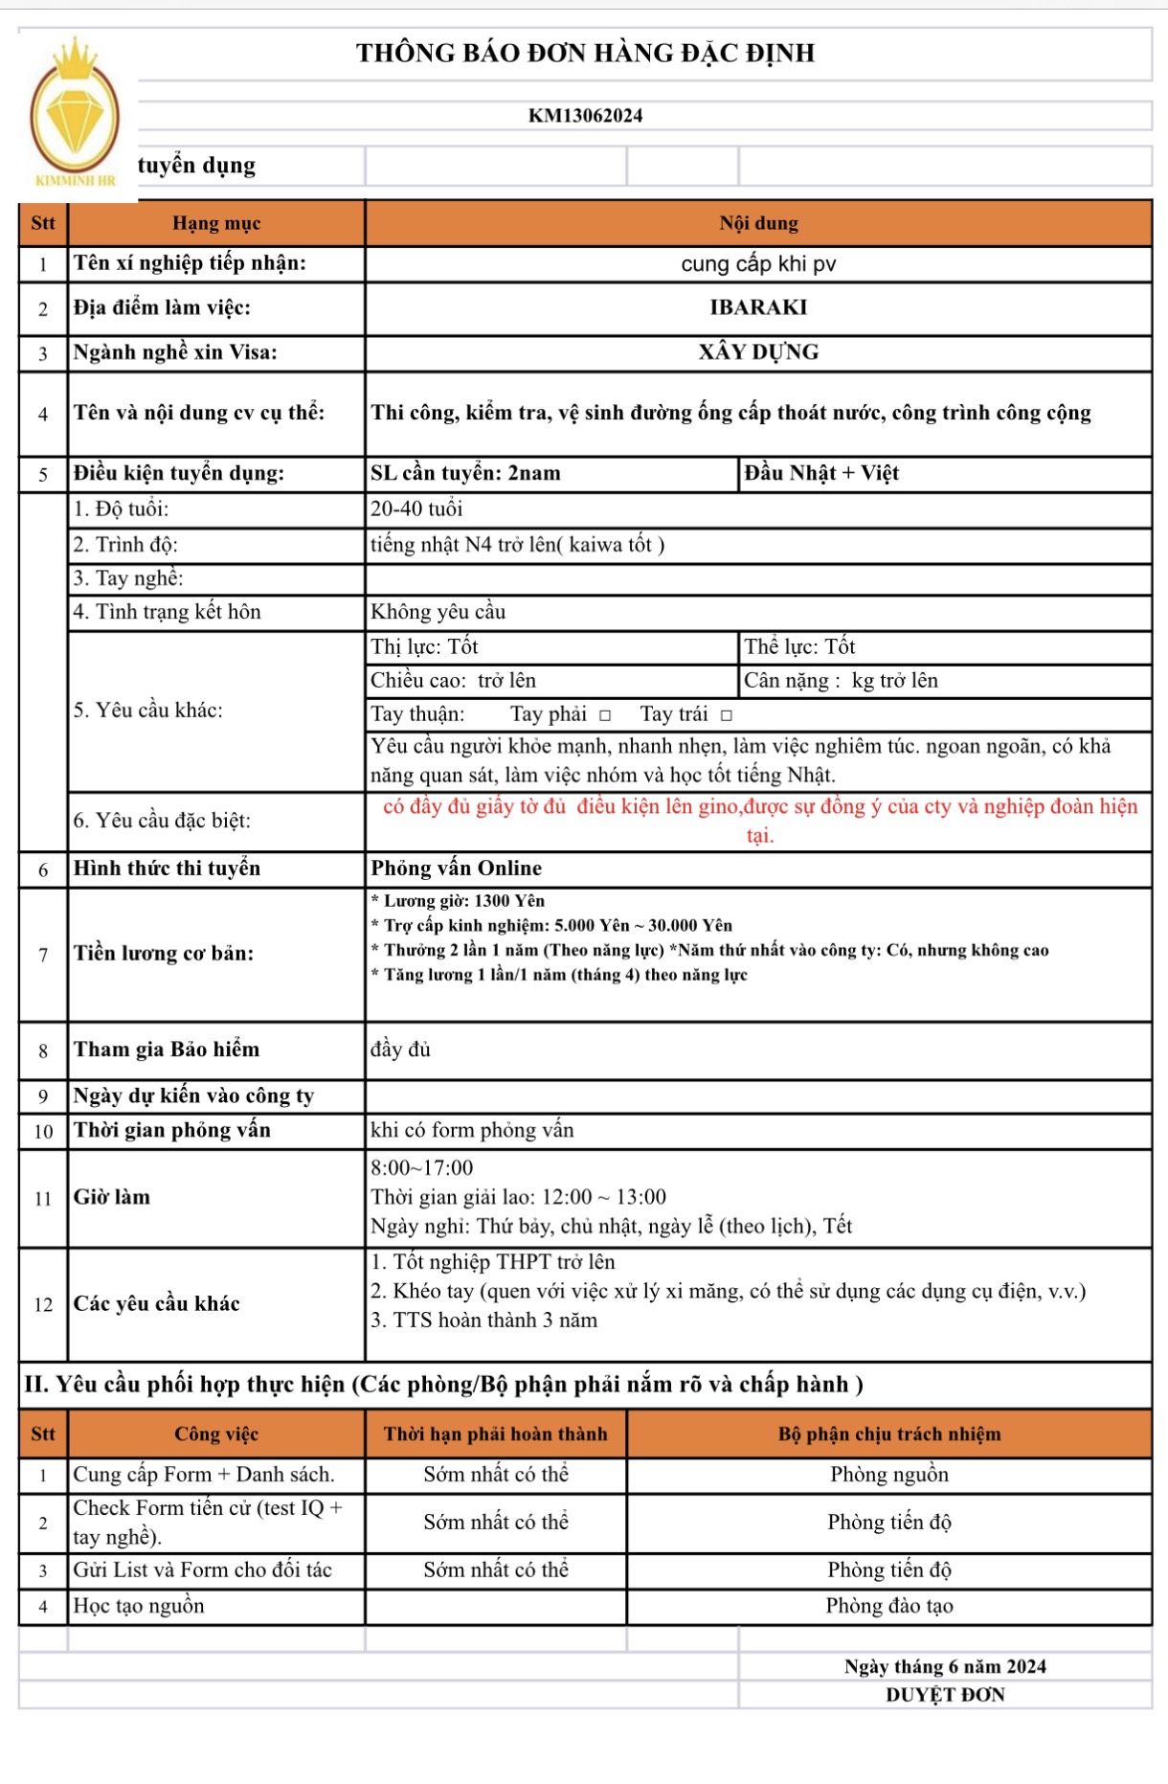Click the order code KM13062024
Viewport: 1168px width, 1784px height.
pos(585,116)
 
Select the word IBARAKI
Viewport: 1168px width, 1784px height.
pos(757,307)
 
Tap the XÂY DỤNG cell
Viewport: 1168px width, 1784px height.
pos(757,352)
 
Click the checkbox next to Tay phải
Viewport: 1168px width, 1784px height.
pos(605,715)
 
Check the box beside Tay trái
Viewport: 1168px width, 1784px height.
pos(727,715)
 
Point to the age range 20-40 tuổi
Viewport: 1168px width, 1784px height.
pos(416,509)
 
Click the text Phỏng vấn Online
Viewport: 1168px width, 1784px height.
pos(456,869)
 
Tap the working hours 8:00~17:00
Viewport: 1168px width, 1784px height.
pos(422,1168)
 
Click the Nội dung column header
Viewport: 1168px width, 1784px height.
pos(757,223)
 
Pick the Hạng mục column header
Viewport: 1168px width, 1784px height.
pos(216,223)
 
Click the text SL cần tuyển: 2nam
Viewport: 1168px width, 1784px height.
pos(465,473)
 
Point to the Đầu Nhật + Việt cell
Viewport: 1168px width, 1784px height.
pos(821,473)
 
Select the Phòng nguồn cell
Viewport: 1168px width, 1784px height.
pos(888,1475)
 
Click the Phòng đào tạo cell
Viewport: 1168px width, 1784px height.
pos(888,1606)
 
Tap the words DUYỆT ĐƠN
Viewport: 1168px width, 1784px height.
pos(945,1695)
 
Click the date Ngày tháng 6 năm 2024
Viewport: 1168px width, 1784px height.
pos(945,1667)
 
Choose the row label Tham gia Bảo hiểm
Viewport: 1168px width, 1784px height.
pos(167,1050)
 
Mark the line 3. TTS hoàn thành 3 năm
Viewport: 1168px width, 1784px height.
pos(483,1321)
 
